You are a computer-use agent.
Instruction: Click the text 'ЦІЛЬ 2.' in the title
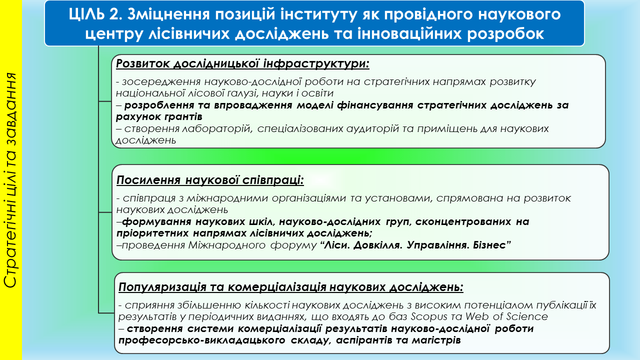point(95,14)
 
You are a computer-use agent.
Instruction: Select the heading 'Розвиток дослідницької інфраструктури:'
point(242,63)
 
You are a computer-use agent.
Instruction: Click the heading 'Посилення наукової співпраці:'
point(210,180)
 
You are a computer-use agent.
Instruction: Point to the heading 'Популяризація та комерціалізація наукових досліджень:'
point(291,287)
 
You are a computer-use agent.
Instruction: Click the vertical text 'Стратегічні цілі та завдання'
point(10,180)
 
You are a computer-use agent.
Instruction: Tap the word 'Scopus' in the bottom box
point(429,317)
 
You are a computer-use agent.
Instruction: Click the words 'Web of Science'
point(506,316)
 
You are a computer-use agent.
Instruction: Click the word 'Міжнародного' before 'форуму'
point(227,245)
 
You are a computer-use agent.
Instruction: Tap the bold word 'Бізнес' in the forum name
point(491,245)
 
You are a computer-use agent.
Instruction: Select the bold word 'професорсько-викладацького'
point(201,340)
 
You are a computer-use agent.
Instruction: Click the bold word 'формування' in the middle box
point(156,221)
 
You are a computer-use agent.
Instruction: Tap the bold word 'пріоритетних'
point(152,233)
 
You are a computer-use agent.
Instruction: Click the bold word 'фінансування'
point(375,105)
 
